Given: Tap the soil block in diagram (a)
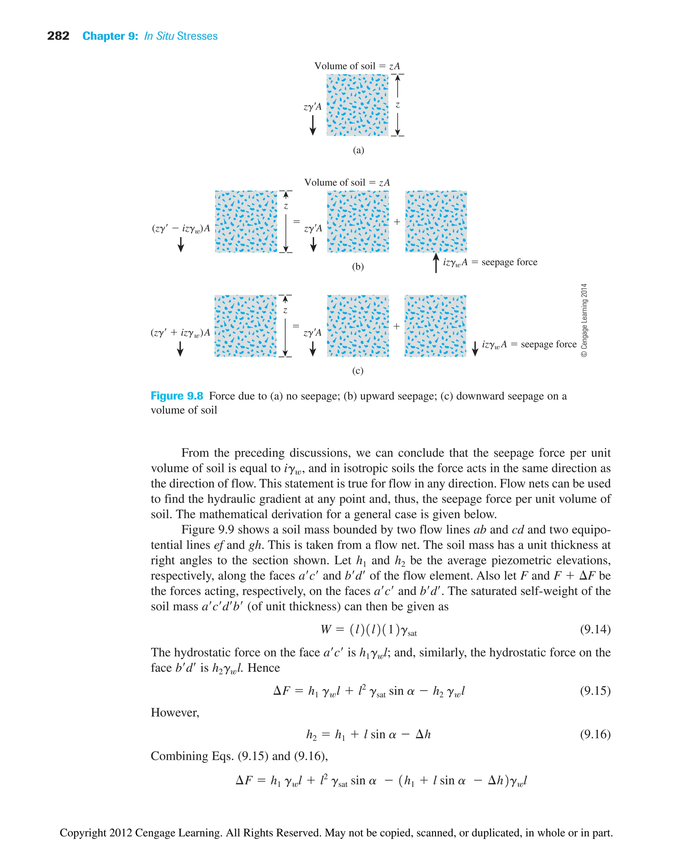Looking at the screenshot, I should coord(357,105).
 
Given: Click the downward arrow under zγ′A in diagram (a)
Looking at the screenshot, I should coord(312,125).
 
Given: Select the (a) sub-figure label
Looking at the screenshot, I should coord(358,150).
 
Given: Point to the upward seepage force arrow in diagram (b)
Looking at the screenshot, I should coord(436,262).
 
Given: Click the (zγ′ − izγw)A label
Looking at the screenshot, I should coord(181,228).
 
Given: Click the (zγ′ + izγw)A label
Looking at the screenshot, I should coord(180,332).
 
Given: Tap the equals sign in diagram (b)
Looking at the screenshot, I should coord(297,222).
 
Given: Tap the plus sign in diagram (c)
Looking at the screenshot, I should coord(396,326).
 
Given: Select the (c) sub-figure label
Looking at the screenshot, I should coord(357,371).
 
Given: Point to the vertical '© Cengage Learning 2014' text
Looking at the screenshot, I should coord(584,320).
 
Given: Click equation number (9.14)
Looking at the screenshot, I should coord(595,630).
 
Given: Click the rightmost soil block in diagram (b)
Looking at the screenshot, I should coord(436,222).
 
